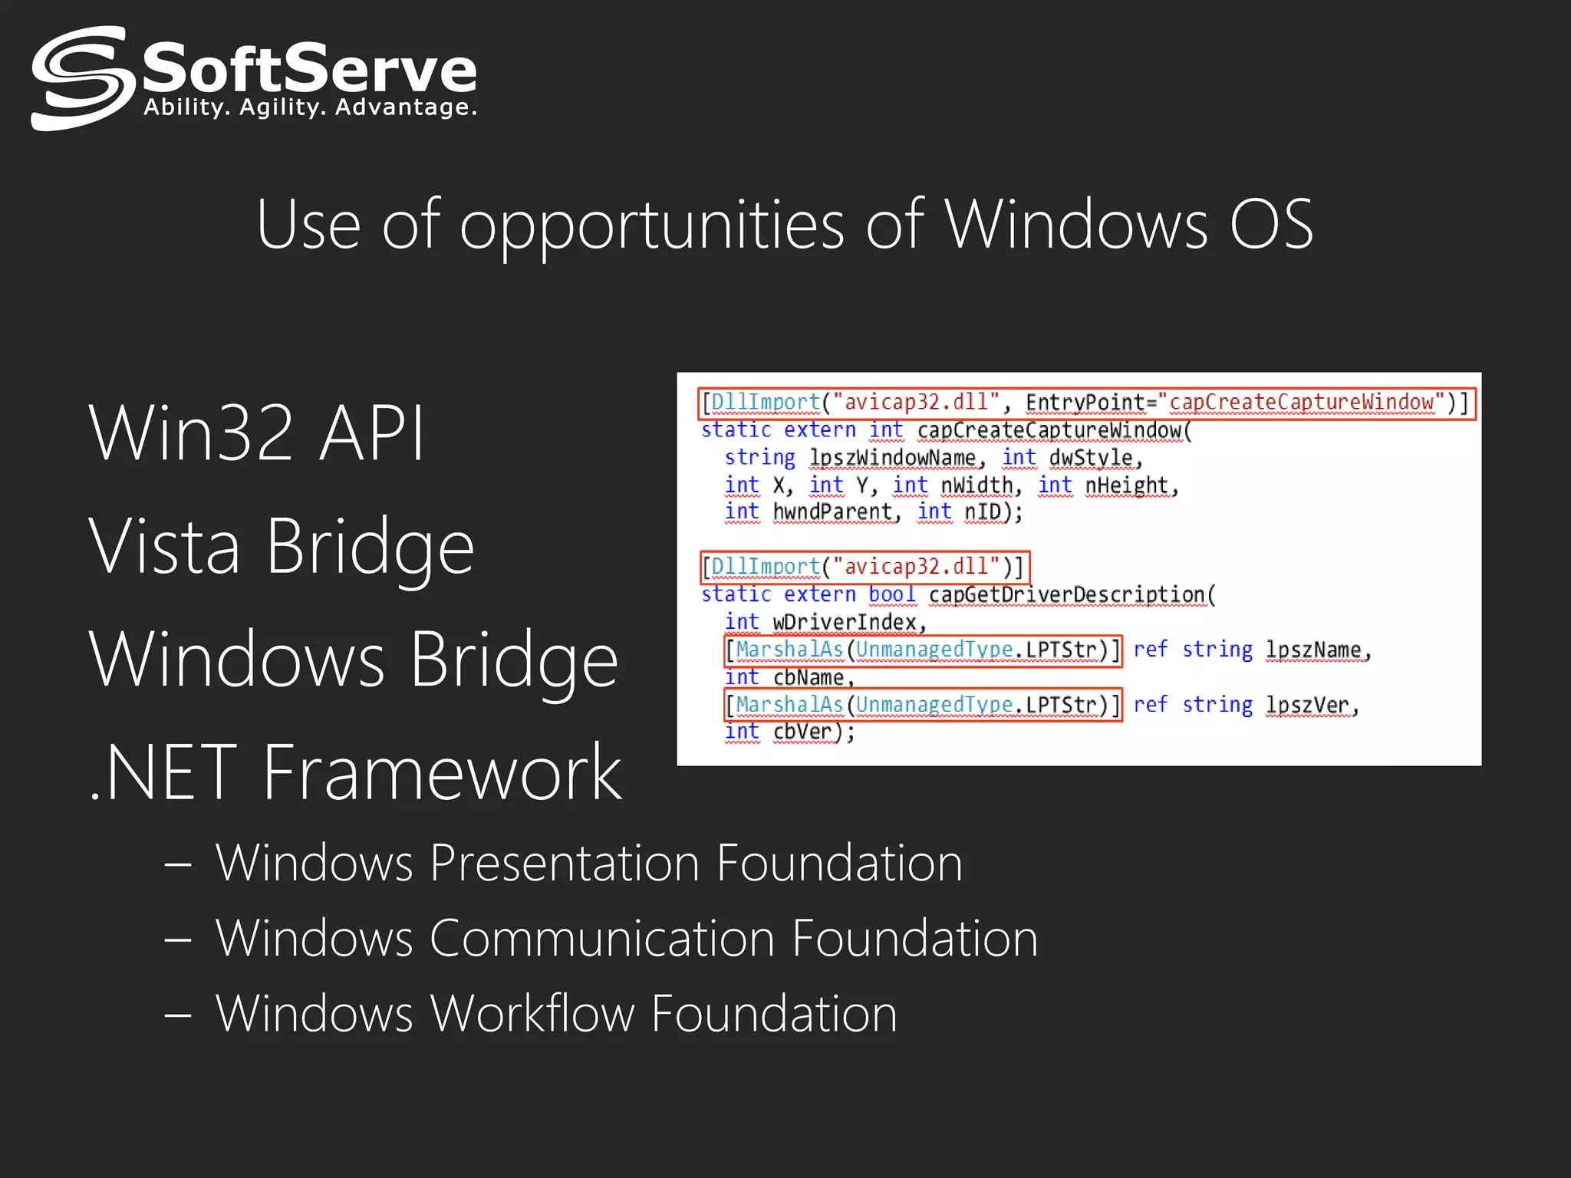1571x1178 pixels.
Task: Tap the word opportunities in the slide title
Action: click(x=652, y=225)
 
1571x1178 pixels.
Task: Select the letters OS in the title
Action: click(x=1271, y=224)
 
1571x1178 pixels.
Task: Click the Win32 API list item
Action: click(x=257, y=433)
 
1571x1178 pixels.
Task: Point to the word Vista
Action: click(x=165, y=546)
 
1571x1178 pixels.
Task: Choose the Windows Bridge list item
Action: click(x=354, y=660)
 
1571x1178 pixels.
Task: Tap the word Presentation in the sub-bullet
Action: click(x=565, y=863)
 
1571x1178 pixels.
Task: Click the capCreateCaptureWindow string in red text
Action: click(x=1302, y=402)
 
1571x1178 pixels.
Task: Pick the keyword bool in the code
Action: click(x=891, y=594)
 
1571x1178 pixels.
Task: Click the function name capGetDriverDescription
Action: click(x=1067, y=594)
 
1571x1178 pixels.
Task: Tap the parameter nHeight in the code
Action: click(x=1126, y=485)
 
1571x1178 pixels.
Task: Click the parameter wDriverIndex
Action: click(x=845, y=622)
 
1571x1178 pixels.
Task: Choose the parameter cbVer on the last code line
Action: click(x=802, y=732)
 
